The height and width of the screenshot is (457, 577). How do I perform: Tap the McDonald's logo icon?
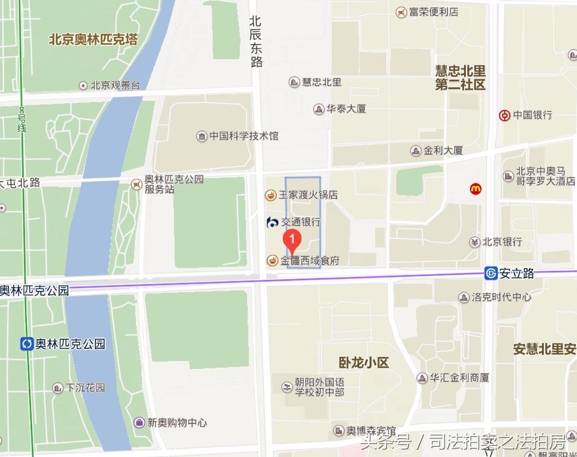point(476,189)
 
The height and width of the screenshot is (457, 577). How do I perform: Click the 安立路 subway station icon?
point(491,273)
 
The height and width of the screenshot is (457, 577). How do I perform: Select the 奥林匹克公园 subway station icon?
point(27,344)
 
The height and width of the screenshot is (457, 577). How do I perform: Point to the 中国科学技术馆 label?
point(244,136)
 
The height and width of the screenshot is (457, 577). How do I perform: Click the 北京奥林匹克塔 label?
point(93,40)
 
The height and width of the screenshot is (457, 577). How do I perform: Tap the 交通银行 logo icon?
point(272,222)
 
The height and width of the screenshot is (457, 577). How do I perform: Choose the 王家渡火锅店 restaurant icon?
point(271,195)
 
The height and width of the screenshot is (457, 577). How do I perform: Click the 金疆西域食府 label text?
point(310,261)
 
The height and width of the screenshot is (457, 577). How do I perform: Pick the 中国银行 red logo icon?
point(504,115)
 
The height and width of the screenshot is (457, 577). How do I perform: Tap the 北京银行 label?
point(502,242)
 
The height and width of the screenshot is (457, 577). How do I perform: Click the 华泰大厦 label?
point(346,109)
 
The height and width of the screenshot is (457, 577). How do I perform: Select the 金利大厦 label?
point(443,150)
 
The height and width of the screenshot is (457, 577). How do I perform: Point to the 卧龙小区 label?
point(364,363)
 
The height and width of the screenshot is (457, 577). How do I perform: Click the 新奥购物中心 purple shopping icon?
point(140,423)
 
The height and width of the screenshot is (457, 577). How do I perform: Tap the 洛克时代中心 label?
point(501,297)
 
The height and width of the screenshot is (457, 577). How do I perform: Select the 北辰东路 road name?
point(256,41)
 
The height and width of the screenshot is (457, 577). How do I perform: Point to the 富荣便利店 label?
point(433,11)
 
